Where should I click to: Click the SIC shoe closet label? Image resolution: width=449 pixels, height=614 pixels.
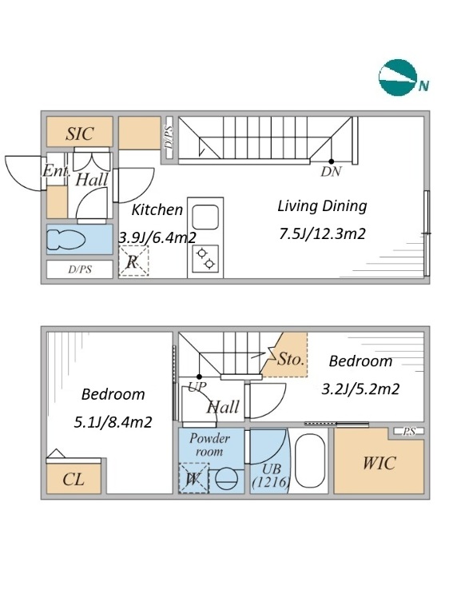point(80,134)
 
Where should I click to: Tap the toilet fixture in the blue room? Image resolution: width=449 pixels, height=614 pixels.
point(66,240)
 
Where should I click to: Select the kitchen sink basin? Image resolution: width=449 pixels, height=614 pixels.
point(205,217)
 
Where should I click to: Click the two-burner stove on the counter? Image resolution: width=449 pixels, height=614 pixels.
point(206,258)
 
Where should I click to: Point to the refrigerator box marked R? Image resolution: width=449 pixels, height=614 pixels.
point(133,261)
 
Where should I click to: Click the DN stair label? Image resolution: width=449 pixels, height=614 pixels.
point(332,172)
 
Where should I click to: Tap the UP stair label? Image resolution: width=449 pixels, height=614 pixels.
point(197,387)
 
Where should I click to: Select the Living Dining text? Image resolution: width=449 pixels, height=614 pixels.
point(322,206)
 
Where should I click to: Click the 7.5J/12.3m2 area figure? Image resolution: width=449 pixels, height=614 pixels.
point(322,233)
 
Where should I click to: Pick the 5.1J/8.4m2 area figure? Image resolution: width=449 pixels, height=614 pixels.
point(113,422)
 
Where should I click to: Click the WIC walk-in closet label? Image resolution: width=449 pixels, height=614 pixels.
point(379,463)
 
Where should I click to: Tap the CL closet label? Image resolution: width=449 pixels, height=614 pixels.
point(74,480)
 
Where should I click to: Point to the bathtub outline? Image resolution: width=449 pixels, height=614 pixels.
point(310,460)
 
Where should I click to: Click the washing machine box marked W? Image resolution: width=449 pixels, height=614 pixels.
point(194,478)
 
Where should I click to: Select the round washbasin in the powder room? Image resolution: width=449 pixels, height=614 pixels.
point(227,479)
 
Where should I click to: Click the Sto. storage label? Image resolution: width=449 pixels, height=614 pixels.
point(291,359)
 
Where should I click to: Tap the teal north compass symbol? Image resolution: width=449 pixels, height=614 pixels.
point(398,78)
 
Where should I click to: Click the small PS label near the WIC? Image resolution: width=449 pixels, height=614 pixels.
point(409,432)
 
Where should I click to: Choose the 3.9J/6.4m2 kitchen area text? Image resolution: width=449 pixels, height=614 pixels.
point(157,237)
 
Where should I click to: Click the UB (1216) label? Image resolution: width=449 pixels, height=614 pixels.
point(271,476)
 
